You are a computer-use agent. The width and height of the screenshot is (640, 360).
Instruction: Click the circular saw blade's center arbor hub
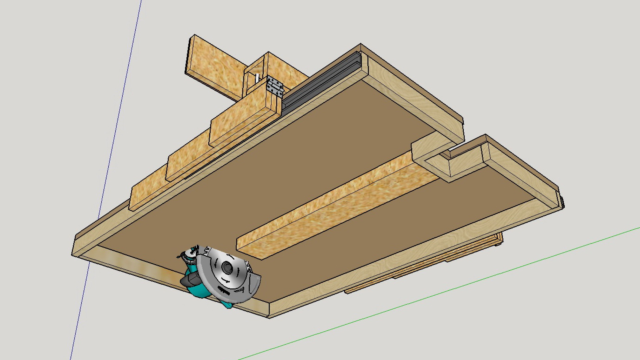tap(227, 267)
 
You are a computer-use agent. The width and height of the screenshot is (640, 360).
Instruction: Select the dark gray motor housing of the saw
tap(189, 280)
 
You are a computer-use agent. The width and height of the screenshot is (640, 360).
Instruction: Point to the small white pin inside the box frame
tap(257, 78)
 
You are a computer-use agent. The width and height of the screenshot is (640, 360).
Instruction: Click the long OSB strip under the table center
tap(333, 207)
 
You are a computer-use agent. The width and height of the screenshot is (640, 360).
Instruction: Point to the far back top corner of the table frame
tap(360, 44)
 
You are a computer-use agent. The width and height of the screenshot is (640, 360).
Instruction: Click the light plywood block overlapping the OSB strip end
tap(430, 147)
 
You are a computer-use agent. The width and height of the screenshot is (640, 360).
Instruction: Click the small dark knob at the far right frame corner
tap(562, 202)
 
